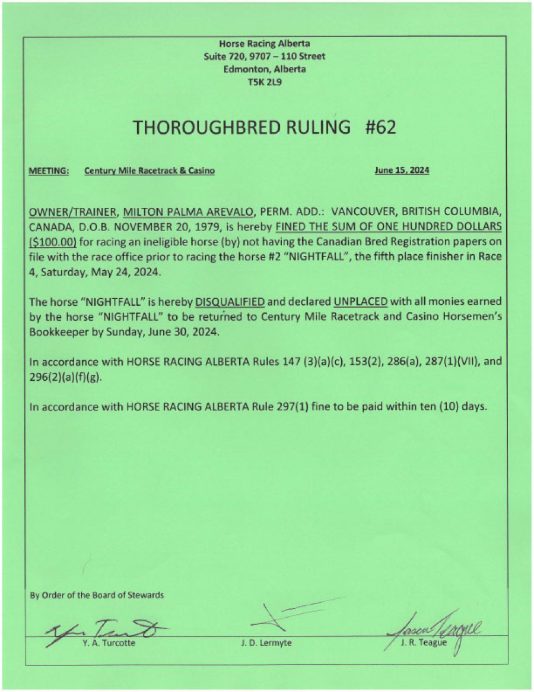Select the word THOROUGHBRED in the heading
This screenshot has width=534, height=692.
tap(187, 127)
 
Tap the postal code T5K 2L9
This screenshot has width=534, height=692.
tap(265, 82)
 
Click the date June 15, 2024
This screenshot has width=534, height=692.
tap(402, 171)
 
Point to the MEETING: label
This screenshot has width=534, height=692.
tap(49, 171)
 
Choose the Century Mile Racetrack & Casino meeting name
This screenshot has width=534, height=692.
tap(150, 171)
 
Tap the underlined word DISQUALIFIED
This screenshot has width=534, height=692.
tap(230, 304)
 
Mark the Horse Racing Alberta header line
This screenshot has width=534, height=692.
tap(265, 43)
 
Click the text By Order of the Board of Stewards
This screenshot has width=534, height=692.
tap(97, 595)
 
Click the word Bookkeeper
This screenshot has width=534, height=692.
tap(56, 332)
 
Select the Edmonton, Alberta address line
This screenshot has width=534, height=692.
tap(265, 69)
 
